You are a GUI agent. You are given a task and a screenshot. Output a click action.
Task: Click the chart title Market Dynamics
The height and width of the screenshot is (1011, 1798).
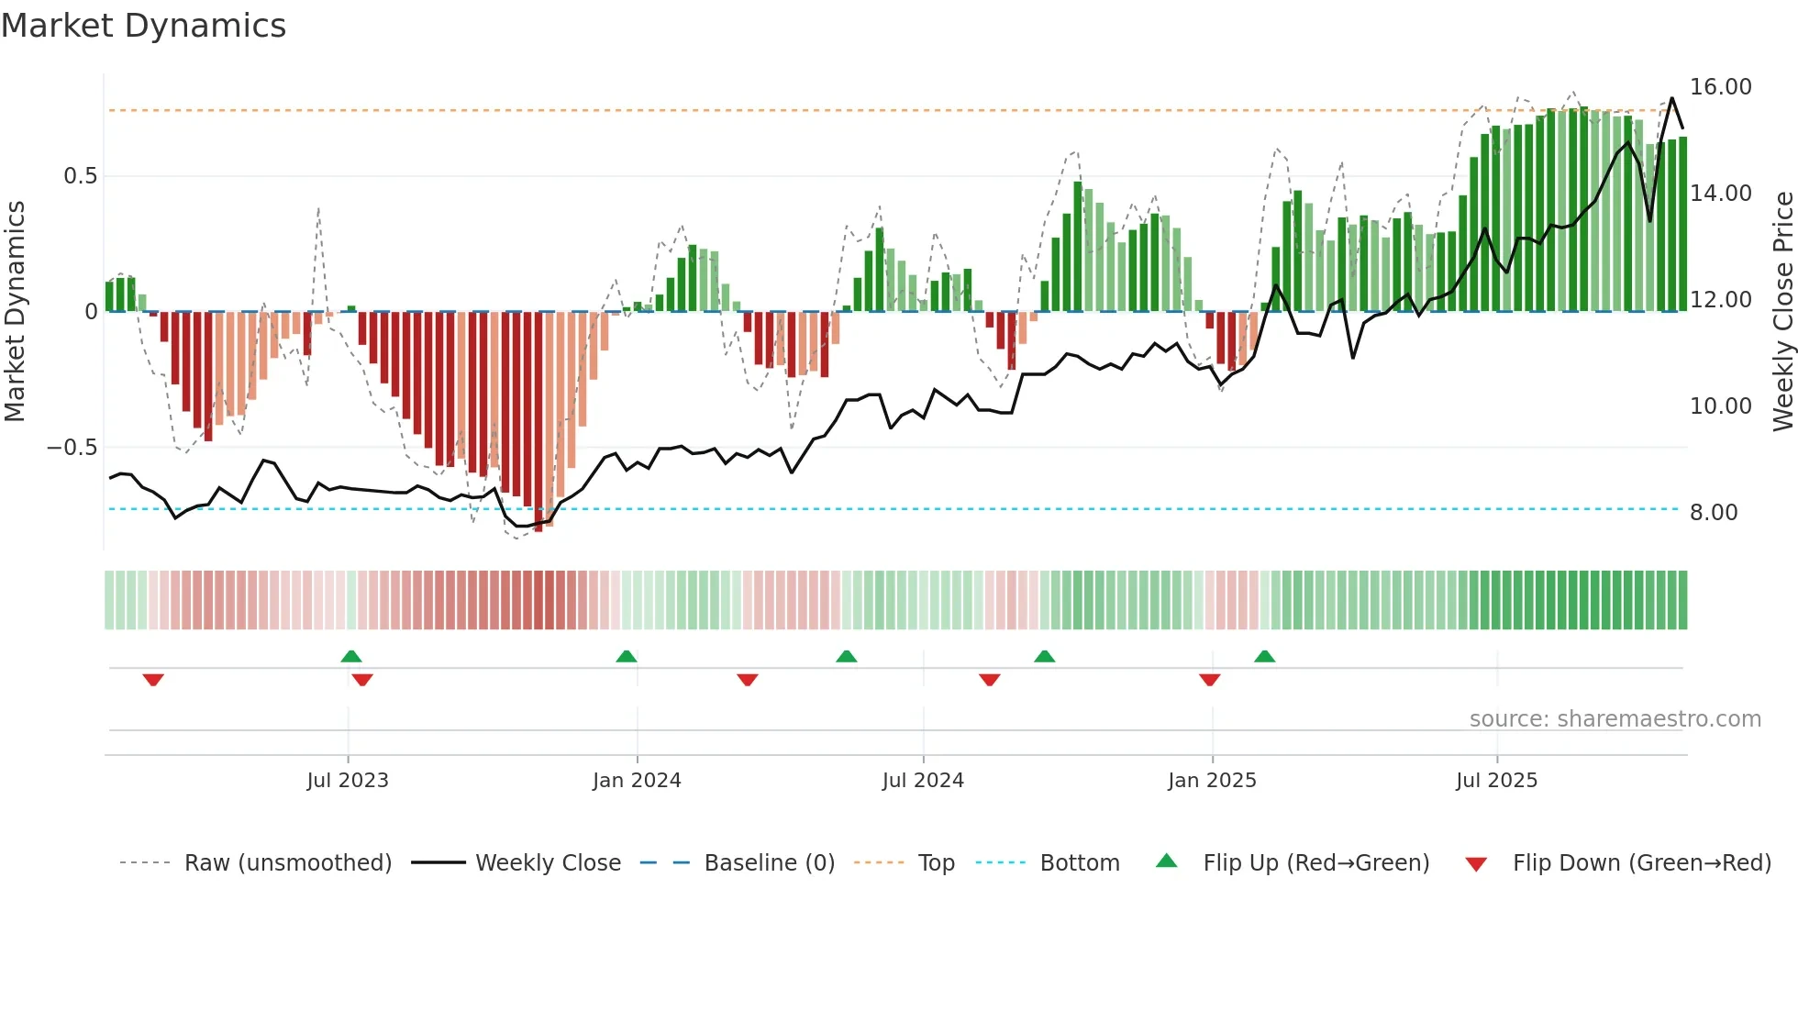(144, 26)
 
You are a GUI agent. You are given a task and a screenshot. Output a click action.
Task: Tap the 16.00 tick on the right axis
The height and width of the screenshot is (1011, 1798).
(1720, 87)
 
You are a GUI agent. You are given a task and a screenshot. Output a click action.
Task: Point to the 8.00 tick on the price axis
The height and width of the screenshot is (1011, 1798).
(1713, 513)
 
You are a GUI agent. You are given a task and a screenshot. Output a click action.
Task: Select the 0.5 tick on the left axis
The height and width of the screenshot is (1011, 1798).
(80, 176)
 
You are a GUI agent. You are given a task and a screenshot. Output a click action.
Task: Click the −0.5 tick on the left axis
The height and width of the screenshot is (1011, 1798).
(72, 448)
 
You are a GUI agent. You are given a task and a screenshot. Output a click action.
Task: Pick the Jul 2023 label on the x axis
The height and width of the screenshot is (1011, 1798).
(348, 781)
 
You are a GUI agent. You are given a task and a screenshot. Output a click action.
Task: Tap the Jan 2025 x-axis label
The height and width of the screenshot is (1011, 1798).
(1212, 781)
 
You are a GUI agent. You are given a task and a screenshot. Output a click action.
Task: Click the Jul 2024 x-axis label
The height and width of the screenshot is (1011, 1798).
(923, 781)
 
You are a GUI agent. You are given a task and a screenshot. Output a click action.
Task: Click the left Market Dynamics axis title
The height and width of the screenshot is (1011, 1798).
(15, 312)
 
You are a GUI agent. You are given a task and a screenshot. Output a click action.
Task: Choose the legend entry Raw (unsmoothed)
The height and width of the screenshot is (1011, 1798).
(287, 863)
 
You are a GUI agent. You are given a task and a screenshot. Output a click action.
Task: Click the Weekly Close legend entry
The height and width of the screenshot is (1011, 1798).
(548, 863)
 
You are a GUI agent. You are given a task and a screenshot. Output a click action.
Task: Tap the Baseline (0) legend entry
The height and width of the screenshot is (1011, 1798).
(769, 863)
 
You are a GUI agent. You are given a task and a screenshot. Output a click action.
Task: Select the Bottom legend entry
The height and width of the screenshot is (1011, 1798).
(1079, 863)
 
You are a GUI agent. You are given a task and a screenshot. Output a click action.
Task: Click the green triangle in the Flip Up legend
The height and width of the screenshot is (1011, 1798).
(1166, 861)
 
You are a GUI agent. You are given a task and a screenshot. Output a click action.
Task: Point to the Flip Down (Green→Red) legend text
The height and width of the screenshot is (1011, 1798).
(1641, 863)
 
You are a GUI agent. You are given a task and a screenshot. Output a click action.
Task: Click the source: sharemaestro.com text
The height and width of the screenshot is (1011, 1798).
(1615, 719)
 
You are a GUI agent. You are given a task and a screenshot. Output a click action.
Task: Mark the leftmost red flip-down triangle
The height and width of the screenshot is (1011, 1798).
(153, 680)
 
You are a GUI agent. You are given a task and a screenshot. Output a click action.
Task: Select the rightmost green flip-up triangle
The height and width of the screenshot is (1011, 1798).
(1264, 656)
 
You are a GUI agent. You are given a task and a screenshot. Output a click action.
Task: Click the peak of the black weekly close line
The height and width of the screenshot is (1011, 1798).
(1671, 98)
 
